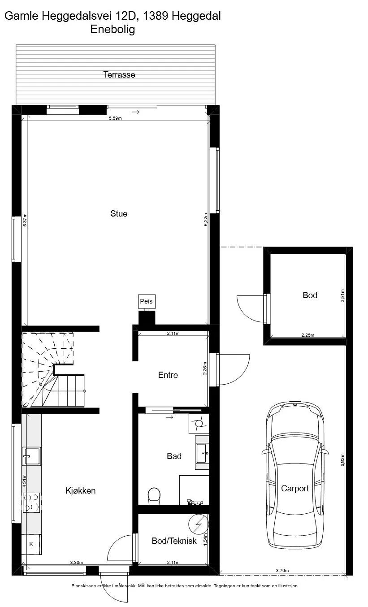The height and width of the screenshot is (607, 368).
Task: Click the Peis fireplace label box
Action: tap(147, 301)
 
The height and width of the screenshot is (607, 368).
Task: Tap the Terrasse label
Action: tap(119, 74)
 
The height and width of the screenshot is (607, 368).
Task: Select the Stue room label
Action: tap(119, 213)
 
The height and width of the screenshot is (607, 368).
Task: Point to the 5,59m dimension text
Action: tap(115, 118)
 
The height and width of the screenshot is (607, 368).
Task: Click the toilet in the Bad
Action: tap(154, 497)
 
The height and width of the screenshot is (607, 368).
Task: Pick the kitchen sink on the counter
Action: tap(31, 456)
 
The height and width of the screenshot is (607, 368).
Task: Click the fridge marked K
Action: tap(31, 544)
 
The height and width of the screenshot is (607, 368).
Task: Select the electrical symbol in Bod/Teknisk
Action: tap(199, 525)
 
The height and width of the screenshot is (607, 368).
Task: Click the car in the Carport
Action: tap(295, 475)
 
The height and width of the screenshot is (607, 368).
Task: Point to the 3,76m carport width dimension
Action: tap(282, 570)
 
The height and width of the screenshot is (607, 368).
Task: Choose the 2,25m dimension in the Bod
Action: tap(308, 335)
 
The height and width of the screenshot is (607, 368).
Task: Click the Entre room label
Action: tap(168, 375)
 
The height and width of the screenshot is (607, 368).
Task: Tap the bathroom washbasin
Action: tap(202, 453)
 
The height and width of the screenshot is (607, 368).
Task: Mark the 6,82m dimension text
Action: tap(342, 460)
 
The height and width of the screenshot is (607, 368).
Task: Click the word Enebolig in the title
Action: tap(113, 29)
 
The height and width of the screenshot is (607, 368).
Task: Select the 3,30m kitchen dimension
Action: tap(77, 562)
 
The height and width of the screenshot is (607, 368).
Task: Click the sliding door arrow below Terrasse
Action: tap(136, 112)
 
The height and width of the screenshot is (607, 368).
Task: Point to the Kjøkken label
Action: tap(81, 490)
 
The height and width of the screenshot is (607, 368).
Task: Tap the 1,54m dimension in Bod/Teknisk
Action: tap(205, 539)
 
